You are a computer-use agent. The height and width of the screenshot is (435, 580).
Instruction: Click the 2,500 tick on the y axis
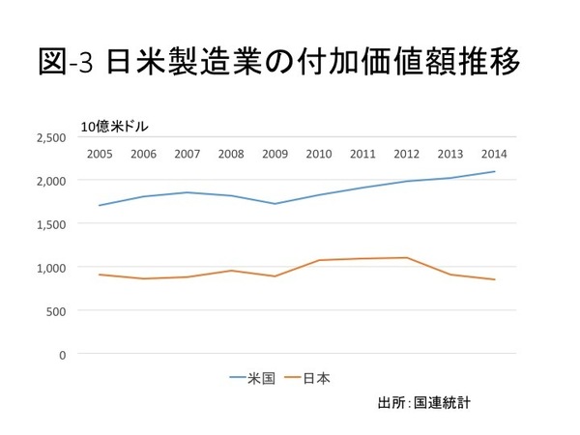(51, 137)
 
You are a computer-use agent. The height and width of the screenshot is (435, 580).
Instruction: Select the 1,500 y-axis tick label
(51, 223)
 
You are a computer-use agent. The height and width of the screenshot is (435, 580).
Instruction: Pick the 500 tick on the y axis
(55, 310)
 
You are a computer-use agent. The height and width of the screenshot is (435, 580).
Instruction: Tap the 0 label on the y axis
(62, 354)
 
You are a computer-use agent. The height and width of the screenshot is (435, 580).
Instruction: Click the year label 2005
(99, 154)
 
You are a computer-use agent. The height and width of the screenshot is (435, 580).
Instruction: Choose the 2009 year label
(275, 154)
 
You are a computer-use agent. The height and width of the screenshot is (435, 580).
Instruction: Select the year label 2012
(406, 154)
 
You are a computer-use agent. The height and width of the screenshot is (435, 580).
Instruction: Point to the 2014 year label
(494, 154)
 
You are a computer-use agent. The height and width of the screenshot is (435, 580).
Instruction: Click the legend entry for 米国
(251, 379)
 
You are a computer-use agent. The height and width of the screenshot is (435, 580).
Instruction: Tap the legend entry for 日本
(308, 379)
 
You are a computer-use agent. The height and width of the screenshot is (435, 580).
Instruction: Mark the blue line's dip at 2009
(275, 203)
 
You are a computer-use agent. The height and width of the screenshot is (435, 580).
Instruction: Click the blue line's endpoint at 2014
(494, 171)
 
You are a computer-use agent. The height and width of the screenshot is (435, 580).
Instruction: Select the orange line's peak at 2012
(406, 257)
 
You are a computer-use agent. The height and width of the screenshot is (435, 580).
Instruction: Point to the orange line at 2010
(318, 260)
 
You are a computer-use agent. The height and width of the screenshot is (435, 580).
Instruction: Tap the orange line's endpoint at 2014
(494, 279)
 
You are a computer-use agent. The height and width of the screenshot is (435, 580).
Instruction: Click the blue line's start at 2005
(99, 205)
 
